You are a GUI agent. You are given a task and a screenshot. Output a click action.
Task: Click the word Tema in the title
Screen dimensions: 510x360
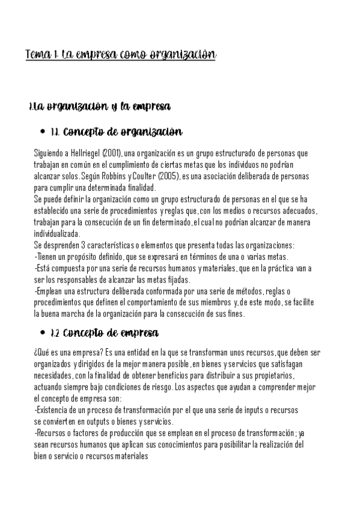[x=37, y=55]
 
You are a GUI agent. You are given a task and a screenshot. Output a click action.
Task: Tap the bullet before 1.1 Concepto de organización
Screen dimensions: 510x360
[x=41, y=132]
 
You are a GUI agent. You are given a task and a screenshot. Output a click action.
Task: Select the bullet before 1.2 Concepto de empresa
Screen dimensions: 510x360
[x=41, y=332]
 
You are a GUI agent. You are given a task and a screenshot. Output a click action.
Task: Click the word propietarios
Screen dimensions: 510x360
[x=274, y=375]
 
